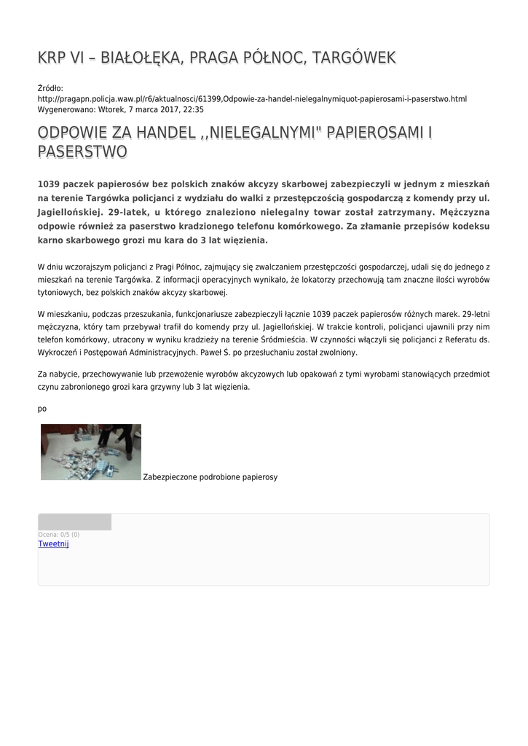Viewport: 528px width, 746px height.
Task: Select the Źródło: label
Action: pyautogui.click(x=50, y=88)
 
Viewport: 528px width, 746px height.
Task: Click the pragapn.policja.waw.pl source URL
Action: pyautogui.click(x=252, y=99)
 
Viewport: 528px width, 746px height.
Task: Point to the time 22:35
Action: pyautogui.click(x=193, y=110)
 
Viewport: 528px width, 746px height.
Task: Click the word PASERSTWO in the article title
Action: pyautogui.click(x=82, y=152)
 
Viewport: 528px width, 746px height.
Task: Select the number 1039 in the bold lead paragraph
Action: pyautogui.click(x=52, y=184)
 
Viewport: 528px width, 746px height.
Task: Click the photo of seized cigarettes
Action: pyautogui.click(x=91, y=452)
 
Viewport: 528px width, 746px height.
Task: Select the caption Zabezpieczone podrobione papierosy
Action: pyautogui.click(x=210, y=477)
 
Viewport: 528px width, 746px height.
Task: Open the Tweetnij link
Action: pyautogui.click(x=53, y=543)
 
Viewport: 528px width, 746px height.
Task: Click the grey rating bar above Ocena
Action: pyautogui.click(x=74, y=522)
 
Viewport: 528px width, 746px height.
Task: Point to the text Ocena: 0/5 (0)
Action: pyautogui.click(x=59, y=535)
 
